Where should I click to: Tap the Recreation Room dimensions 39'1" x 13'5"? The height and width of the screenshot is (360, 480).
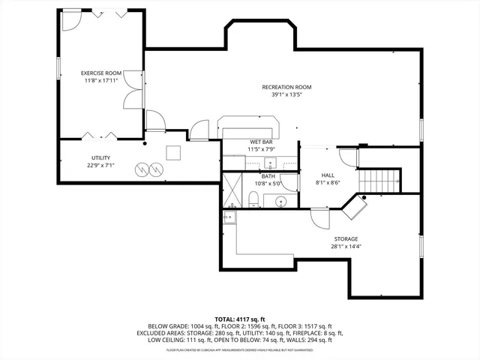pos(286,95)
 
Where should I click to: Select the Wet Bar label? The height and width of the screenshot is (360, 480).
pos(260,142)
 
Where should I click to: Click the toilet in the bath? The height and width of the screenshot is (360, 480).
pos(254,199)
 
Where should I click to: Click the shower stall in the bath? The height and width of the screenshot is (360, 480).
pos(233,190)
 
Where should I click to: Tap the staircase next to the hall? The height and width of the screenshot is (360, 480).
pos(379,181)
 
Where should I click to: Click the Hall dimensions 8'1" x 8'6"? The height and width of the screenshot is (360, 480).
pos(328,182)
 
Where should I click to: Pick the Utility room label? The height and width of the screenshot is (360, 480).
pos(101,157)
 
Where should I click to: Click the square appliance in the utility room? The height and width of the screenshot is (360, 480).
pos(173,152)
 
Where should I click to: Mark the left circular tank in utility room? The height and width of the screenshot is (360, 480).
pos(142,170)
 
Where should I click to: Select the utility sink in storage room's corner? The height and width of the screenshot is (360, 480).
pos(229,217)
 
